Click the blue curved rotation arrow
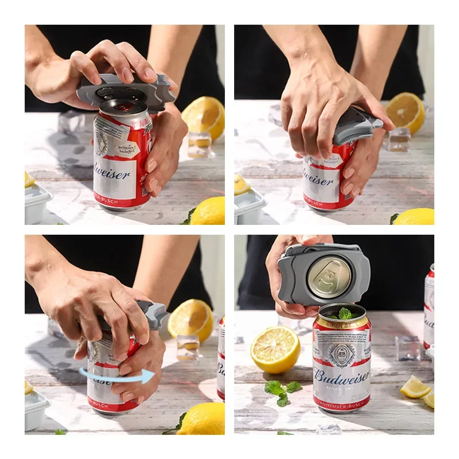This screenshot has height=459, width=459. [118, 376]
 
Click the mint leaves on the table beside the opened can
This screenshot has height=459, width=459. [281, 391]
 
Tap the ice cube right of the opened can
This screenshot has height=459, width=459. [408, 348]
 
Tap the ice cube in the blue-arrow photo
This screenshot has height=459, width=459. [188, 347]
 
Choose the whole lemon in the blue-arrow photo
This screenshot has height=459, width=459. [201, 419]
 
